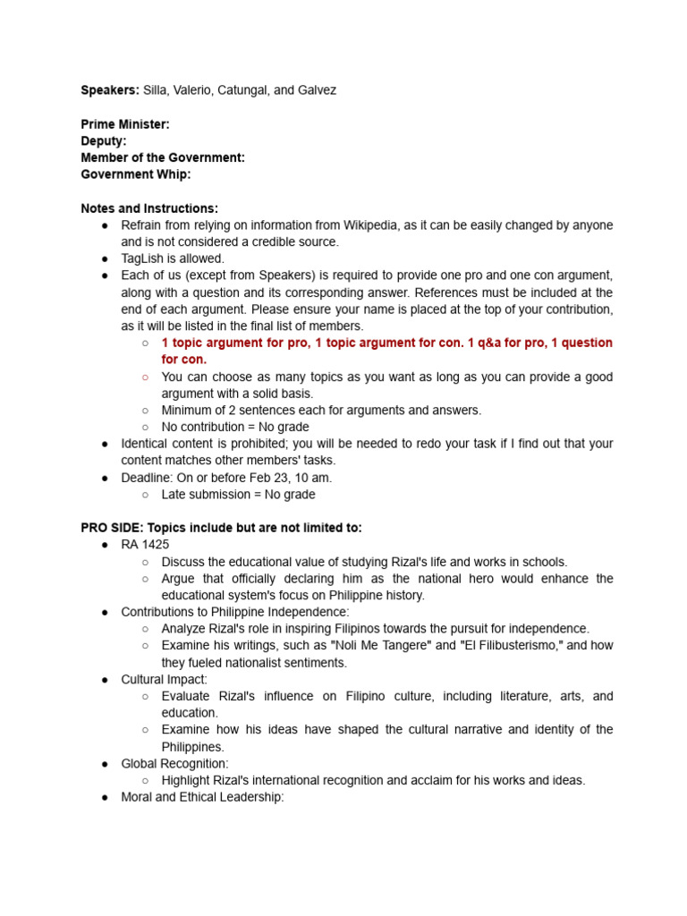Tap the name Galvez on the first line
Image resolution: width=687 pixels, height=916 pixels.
pyautogui.click(x=318, y=90)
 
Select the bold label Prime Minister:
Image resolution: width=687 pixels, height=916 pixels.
pyautogui.click(x=125, y=124)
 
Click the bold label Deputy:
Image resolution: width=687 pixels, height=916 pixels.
pyautogui.click(x=104, y=141)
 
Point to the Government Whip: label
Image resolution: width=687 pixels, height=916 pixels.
pyautogui.click(x=136, y=174)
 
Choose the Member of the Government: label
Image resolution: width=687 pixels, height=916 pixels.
pyautogui.click(x=163, y=157)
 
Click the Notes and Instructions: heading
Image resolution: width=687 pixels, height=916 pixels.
pyautogui.click(x=149, y=208)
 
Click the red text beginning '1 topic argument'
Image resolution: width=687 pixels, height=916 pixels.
pyautogui.click(x=386, y=343)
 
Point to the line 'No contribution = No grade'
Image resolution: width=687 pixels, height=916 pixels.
pyautogui.click(x=235, y=427)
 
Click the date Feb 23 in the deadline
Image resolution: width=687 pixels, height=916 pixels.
pyautogui.click(x=273, y=478)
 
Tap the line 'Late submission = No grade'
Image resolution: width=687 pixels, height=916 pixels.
pyautogui.click(x=238, y=494)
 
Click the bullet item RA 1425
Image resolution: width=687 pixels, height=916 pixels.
pyautogui.click(x=145, y=545)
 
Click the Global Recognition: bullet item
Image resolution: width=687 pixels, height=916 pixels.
pyautogui.click(x=174, y=763)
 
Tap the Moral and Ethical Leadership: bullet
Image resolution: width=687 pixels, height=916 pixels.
pyautogui.click(x=202, y=797)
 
